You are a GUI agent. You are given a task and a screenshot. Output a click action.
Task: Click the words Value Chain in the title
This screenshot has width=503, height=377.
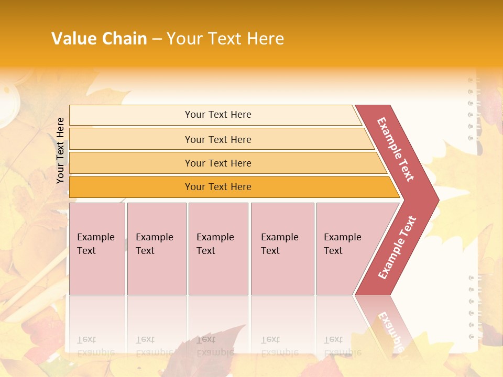coord(99,39)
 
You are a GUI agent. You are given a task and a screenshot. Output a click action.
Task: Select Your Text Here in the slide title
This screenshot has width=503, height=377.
coord(225,39)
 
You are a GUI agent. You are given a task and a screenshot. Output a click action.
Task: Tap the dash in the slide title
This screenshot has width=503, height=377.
coord(157,39)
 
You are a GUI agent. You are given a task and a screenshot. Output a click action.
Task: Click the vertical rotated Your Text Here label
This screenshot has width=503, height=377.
coord(60,150)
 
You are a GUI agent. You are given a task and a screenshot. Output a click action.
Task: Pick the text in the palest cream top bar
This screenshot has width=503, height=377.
coord(218,115)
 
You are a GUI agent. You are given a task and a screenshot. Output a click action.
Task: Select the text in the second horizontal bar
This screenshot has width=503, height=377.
coord(218,140)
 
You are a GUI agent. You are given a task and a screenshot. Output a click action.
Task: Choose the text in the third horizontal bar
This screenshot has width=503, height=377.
coord(218,163)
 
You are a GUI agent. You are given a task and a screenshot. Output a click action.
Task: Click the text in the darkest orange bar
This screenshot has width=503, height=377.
coord(218,187)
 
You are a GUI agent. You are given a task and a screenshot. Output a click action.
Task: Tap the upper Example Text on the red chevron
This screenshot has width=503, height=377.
coord(396,149)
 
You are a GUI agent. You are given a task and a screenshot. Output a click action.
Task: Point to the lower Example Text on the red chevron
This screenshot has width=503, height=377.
coord(397,248)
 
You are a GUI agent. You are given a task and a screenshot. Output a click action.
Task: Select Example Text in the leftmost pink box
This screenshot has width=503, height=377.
coord(95,244)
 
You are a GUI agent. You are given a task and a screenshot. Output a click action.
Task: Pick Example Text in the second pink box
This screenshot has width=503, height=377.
coord(154,244)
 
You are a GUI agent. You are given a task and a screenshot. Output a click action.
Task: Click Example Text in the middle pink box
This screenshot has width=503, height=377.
coord(215,244)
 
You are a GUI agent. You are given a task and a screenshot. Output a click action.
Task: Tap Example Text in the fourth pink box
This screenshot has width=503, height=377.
coord(279,244)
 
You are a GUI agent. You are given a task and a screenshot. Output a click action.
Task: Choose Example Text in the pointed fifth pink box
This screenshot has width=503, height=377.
coord(342,244)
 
